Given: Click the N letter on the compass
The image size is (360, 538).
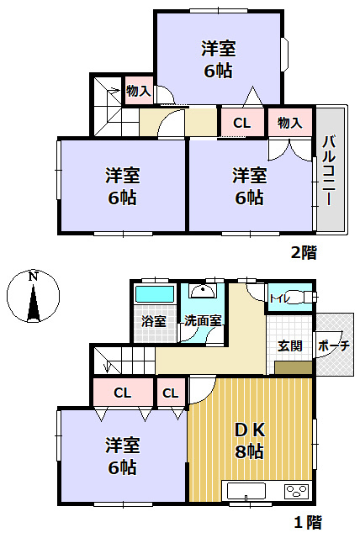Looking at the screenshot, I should click(32, 276).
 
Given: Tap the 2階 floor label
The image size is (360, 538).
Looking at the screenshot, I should click(304, 251).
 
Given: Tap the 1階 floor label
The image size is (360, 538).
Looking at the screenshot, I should click(307, 522).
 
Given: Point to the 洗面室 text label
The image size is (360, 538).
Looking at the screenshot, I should click(203, 320).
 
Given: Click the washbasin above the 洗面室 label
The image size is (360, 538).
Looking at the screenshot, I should click(202, 292).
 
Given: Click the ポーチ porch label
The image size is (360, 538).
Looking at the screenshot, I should click(334, 345).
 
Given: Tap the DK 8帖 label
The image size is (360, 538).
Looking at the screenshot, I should click(250, 439).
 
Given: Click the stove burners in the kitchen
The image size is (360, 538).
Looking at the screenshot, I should click(296, 491).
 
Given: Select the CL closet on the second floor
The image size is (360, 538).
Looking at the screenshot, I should click(241, 123).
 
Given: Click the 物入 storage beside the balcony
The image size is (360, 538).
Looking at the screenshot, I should click(289, 123).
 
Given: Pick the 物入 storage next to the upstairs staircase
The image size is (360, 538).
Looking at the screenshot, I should click(138, 91).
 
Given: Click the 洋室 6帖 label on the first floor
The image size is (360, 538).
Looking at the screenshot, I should click(122, 455).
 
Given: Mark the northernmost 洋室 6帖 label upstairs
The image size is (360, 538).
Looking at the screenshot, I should click(218, 58).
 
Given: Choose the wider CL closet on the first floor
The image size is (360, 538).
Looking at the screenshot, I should click(123, 393).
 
